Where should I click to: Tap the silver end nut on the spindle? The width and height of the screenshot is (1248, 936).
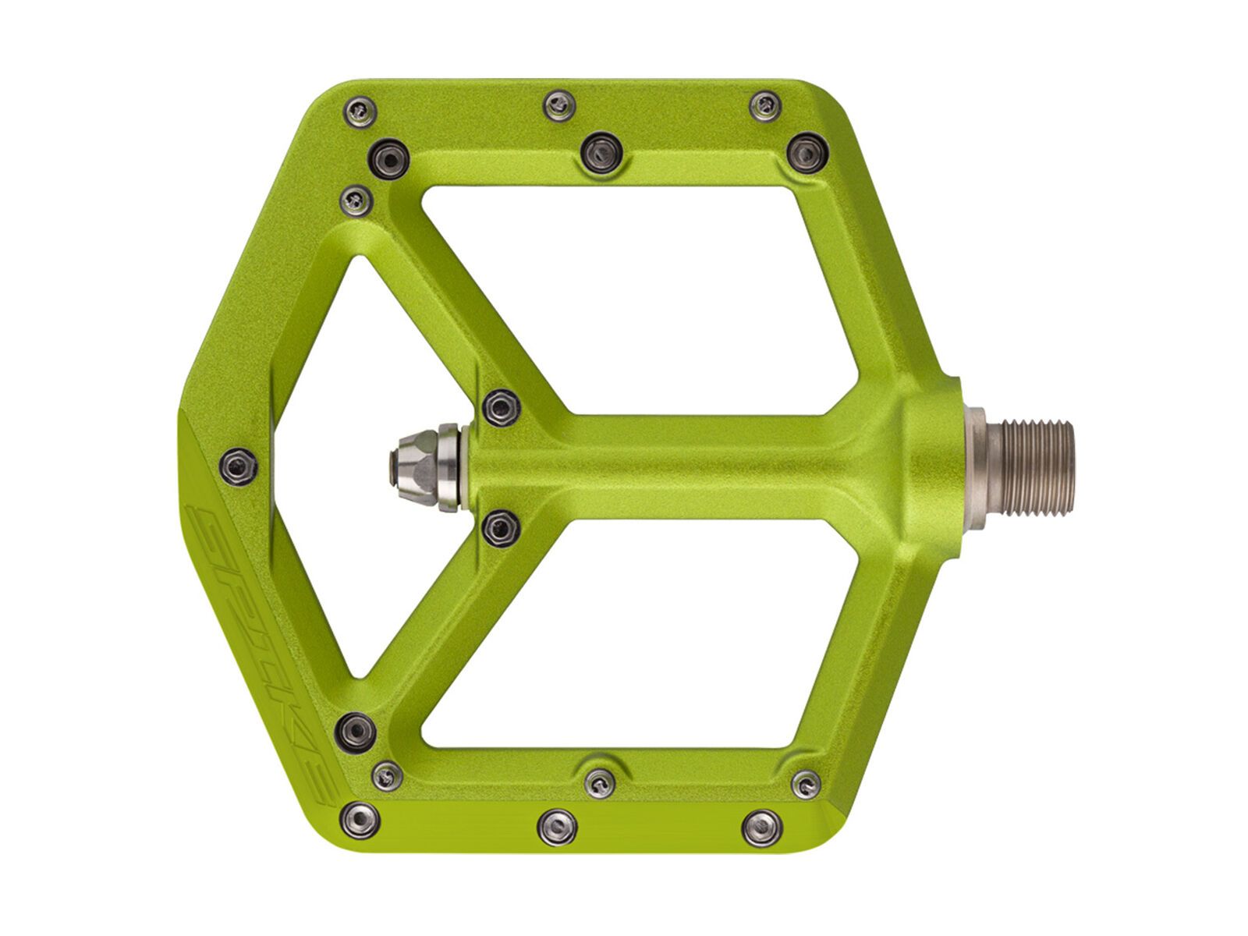coord(412,466)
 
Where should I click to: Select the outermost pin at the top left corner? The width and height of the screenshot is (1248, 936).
coord(360,108)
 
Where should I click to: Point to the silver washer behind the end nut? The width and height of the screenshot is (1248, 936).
coord(448,466)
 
